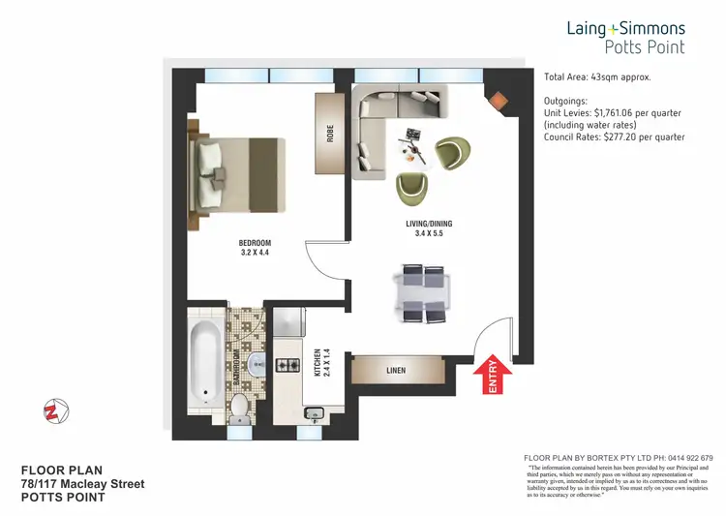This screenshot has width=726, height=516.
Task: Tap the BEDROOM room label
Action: (256, 247)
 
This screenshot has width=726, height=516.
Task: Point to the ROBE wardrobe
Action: (329, 134)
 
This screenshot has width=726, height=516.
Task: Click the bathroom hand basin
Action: (256, 364)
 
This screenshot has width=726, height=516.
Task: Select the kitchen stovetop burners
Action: (289, 365)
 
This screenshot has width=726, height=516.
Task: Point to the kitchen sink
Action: (313, 413)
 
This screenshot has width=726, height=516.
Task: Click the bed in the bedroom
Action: (241, 173)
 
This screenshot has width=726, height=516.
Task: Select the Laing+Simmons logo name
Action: (625, 29)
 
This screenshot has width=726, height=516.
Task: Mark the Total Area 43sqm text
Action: (596, 76)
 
